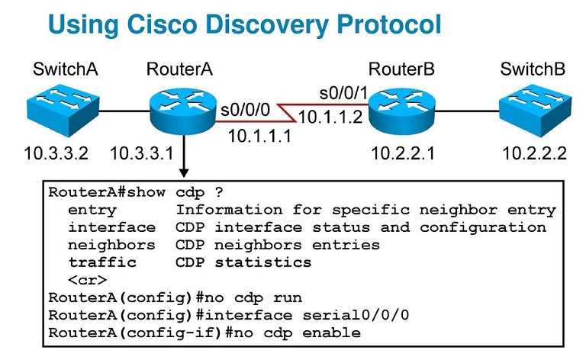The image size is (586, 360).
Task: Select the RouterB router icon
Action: pyautogui.click(x=401, y=110)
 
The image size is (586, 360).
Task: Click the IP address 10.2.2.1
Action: pyautogui.click(x=403, y=154)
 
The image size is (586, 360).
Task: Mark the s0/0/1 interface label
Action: pyautogui.click(x=343, y=95)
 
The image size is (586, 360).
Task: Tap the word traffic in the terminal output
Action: pyautogui.click(x=102, y=262)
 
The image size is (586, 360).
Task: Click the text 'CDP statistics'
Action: pyautogui.click(x=243, y=262)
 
